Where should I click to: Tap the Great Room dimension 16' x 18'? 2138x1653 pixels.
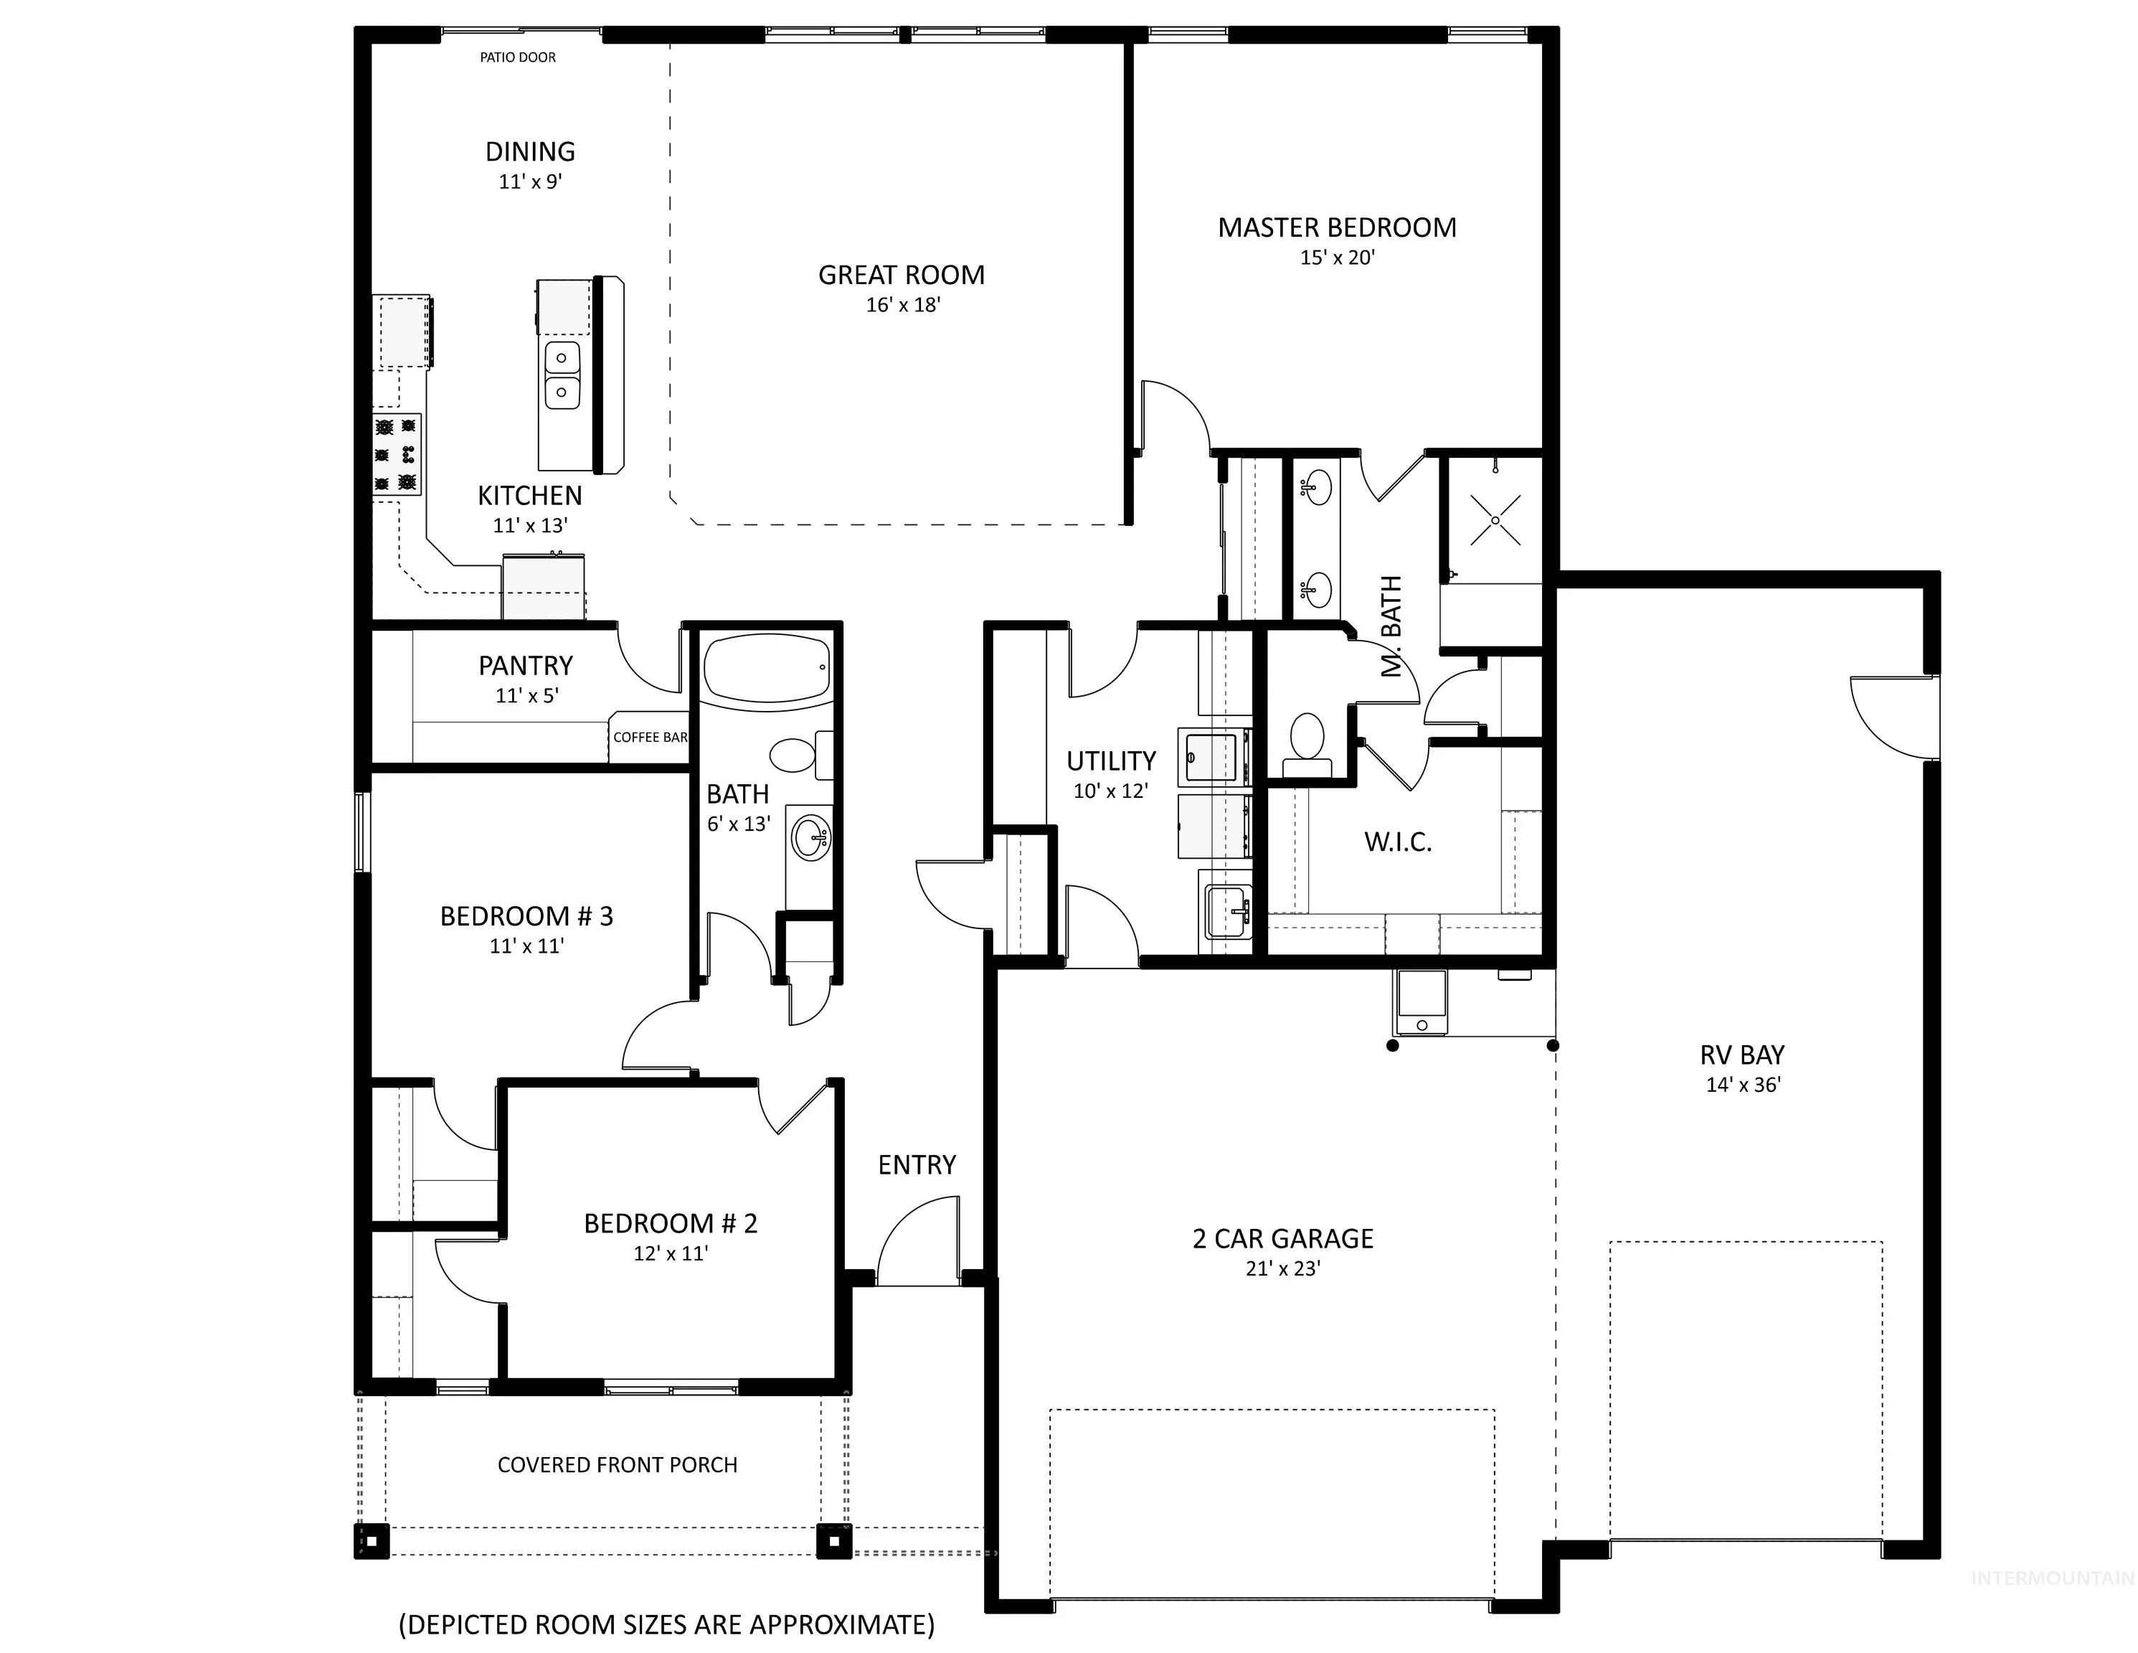pos(902,304)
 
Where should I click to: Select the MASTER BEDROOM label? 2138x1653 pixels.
pos(1337,227)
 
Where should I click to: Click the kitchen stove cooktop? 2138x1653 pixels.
pos(397,454)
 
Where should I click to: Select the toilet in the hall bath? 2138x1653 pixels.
pos(802,755)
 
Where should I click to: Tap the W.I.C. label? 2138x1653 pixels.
pos(1398,841)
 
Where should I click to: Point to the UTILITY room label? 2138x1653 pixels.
pos(1111,761)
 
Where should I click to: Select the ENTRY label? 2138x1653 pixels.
pos(917,1164)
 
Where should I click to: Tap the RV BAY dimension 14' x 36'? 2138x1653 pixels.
pos(1744,1084)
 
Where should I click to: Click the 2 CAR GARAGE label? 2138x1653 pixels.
pos(1282,1239)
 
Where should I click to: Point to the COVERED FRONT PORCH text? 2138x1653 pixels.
pos(618,1465)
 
